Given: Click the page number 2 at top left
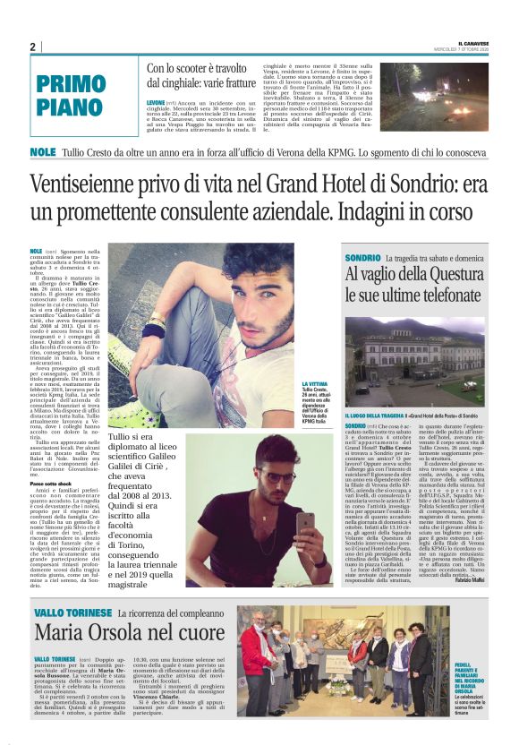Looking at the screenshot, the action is pos(32,47).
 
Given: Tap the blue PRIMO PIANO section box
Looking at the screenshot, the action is pos(83,96).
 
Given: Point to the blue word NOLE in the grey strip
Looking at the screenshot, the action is pos(43,151).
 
